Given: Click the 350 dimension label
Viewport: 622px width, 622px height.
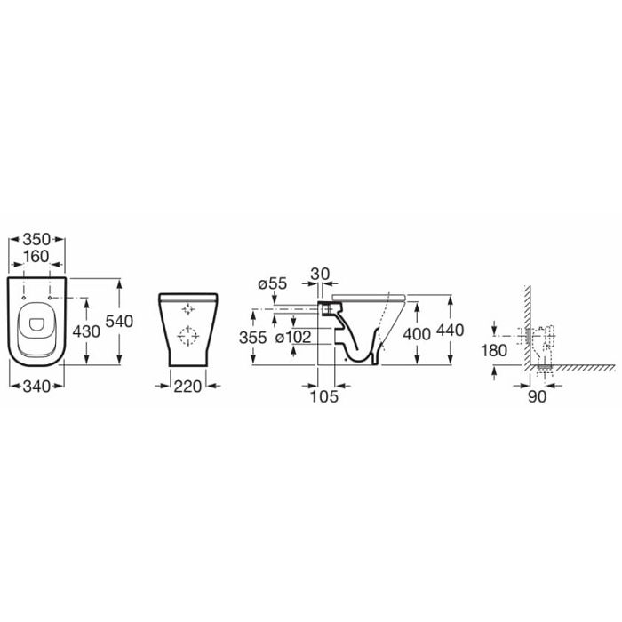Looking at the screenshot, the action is point(36,239).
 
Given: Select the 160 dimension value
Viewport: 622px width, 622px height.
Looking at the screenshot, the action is point(36,257).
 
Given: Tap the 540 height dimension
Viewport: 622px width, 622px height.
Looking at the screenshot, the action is point(119,322).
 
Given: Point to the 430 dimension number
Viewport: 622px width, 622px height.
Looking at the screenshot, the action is point(86,331).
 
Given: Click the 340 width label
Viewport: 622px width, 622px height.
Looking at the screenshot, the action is point(36,386).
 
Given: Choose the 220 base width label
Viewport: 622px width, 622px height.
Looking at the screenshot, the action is point(187,386).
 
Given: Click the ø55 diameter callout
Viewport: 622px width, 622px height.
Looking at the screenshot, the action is point(272,284).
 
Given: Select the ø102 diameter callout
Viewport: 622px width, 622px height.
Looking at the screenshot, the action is point(293,337).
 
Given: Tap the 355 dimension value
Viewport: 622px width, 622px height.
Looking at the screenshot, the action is point(252,337).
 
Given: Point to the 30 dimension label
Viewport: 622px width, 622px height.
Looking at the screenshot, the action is point(320,274).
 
